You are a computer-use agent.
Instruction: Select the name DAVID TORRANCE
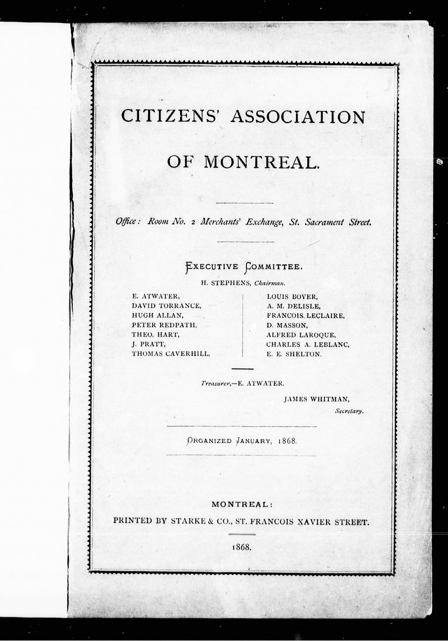166,306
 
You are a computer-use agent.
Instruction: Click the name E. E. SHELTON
294,354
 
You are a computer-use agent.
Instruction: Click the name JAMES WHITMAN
317,399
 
